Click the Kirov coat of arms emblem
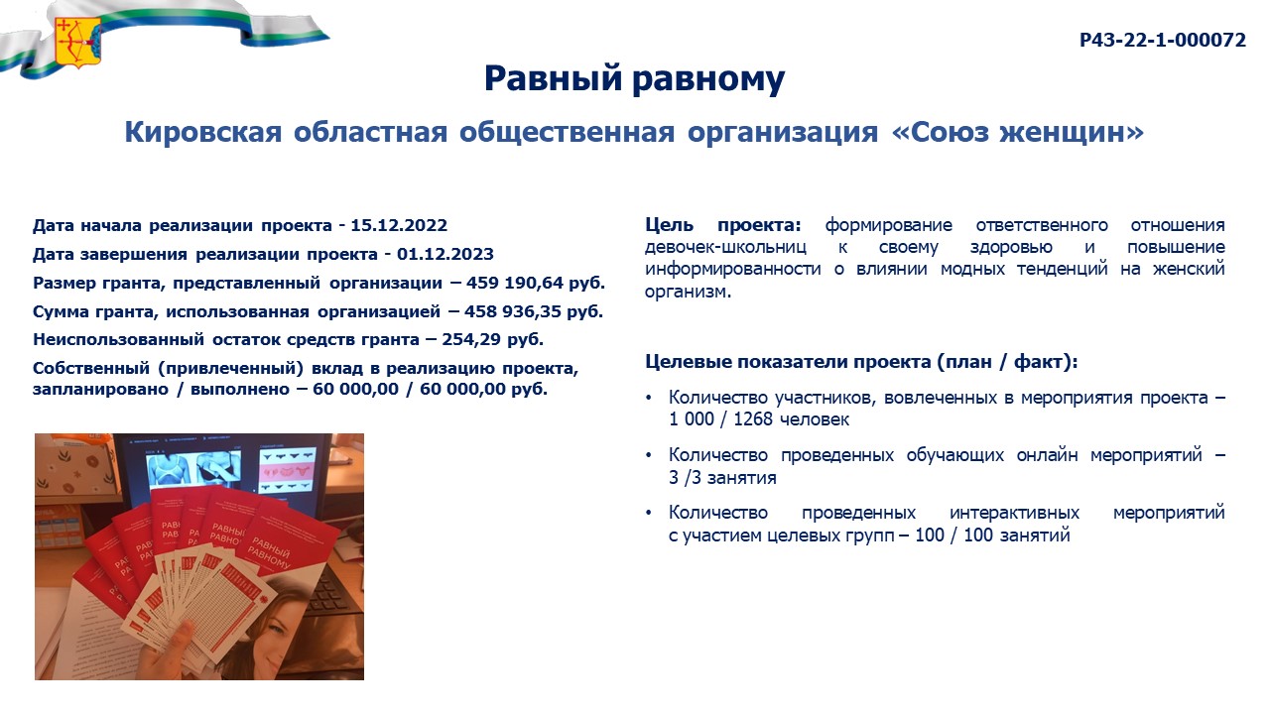tap(77, 42)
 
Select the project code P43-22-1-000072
tap(1162, 41)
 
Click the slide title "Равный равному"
tap(634, 78)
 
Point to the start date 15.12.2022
tap(399, 225)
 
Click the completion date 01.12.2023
tap(445, 254)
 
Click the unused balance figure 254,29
tap(471, 339)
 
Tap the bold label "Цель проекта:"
tap(723, 225)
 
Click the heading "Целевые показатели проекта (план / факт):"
tap(861, 362)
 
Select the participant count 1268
tap(753, 419)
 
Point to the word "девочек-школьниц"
tap(725, 248)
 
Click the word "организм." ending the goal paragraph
tap(688, 293)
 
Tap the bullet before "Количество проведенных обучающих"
tap(649, 455)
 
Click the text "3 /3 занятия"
tap(722, 478)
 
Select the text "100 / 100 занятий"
tap(992, 535)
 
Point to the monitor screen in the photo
tap(227, 470)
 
